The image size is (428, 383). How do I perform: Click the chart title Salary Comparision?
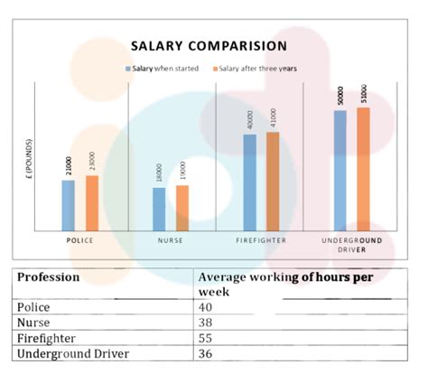pos(208,45)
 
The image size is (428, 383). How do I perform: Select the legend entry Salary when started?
pos(161,68)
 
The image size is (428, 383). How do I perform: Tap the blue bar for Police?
pos(69,205)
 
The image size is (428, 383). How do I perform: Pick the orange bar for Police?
pos(91,203)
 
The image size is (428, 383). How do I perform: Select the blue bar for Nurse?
pos(159,209)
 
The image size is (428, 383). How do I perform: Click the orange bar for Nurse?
pos(181,208)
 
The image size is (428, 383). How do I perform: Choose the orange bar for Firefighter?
pos(272,182)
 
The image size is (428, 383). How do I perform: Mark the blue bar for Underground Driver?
pos(340,170)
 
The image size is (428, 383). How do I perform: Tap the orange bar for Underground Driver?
pos(363,169)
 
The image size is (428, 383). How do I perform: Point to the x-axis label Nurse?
pos(170,241)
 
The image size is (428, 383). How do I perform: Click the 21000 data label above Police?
pos(69,166)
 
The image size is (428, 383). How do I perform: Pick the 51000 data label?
pos(363,94)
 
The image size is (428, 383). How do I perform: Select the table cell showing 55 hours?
pos(206,338)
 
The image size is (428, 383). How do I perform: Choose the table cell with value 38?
pos(206,322)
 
